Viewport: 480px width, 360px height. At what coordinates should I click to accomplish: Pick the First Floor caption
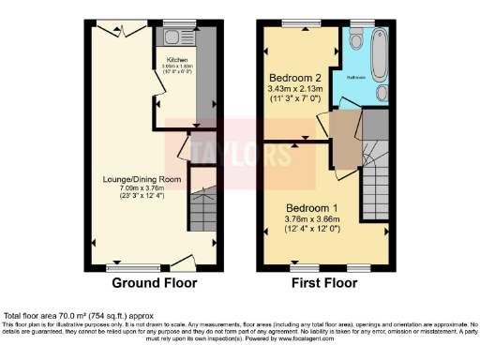click(326, 282)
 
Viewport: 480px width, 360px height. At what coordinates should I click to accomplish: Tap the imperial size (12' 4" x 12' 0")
click(325, 230)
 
